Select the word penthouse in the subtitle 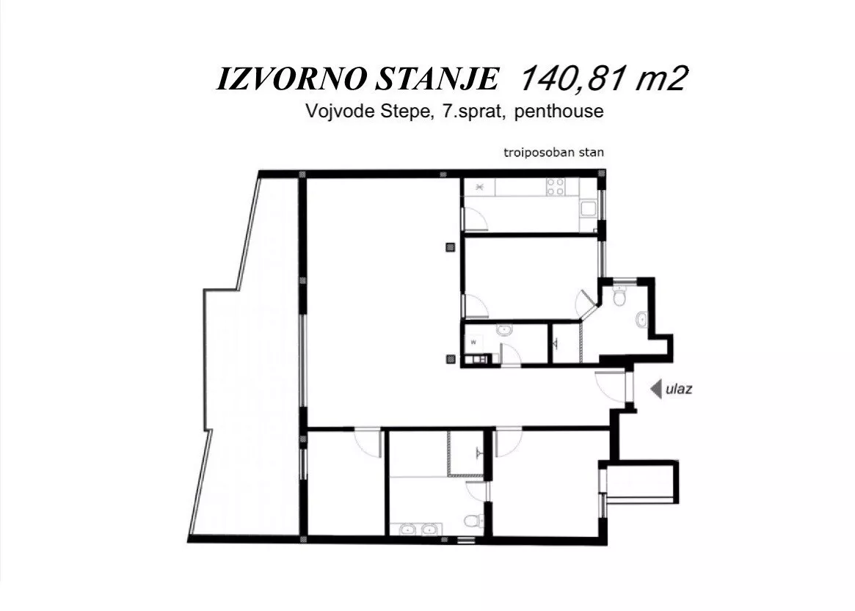(x=559, y=111)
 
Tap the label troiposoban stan (x=553, y=153)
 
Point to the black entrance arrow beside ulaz (x=656, y=389)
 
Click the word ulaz (x=679, y=389)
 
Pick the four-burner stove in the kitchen (x=556, y=187)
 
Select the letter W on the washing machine (x=473, y=343)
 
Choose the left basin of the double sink (x=407, y=529)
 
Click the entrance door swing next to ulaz (x=610, y=385)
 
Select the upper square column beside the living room (x=451, y=247)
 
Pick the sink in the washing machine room (x=504, y=330)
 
